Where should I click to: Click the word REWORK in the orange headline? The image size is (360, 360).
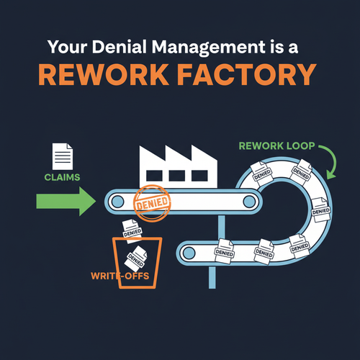coord(104,75)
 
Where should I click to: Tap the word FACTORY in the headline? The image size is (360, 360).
coord(247,75)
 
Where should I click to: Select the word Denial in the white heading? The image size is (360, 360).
coord(119,47)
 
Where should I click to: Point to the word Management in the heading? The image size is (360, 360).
coord(208,48)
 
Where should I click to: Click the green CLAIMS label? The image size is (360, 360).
coord(62,177)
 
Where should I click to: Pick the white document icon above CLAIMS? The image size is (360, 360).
coord(63,156)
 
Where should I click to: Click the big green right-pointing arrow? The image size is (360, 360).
coord(66,202)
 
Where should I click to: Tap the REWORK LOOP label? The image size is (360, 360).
coord(276,146)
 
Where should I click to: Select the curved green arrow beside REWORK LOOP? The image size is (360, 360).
coord(333,160)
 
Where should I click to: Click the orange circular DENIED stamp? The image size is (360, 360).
coord(152,203)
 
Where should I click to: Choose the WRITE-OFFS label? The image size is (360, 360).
coord(120,276)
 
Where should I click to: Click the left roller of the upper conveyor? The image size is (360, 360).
coord(117,201)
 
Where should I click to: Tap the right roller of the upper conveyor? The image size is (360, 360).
coord(249,201)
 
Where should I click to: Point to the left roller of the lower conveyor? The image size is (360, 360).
coord(189,253)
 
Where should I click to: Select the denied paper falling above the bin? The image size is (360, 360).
coord(132,231)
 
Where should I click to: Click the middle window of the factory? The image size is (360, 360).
coord(176,176)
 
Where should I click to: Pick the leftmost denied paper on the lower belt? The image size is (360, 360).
coord(224,251)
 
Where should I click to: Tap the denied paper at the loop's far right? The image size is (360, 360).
coord(321,210)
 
